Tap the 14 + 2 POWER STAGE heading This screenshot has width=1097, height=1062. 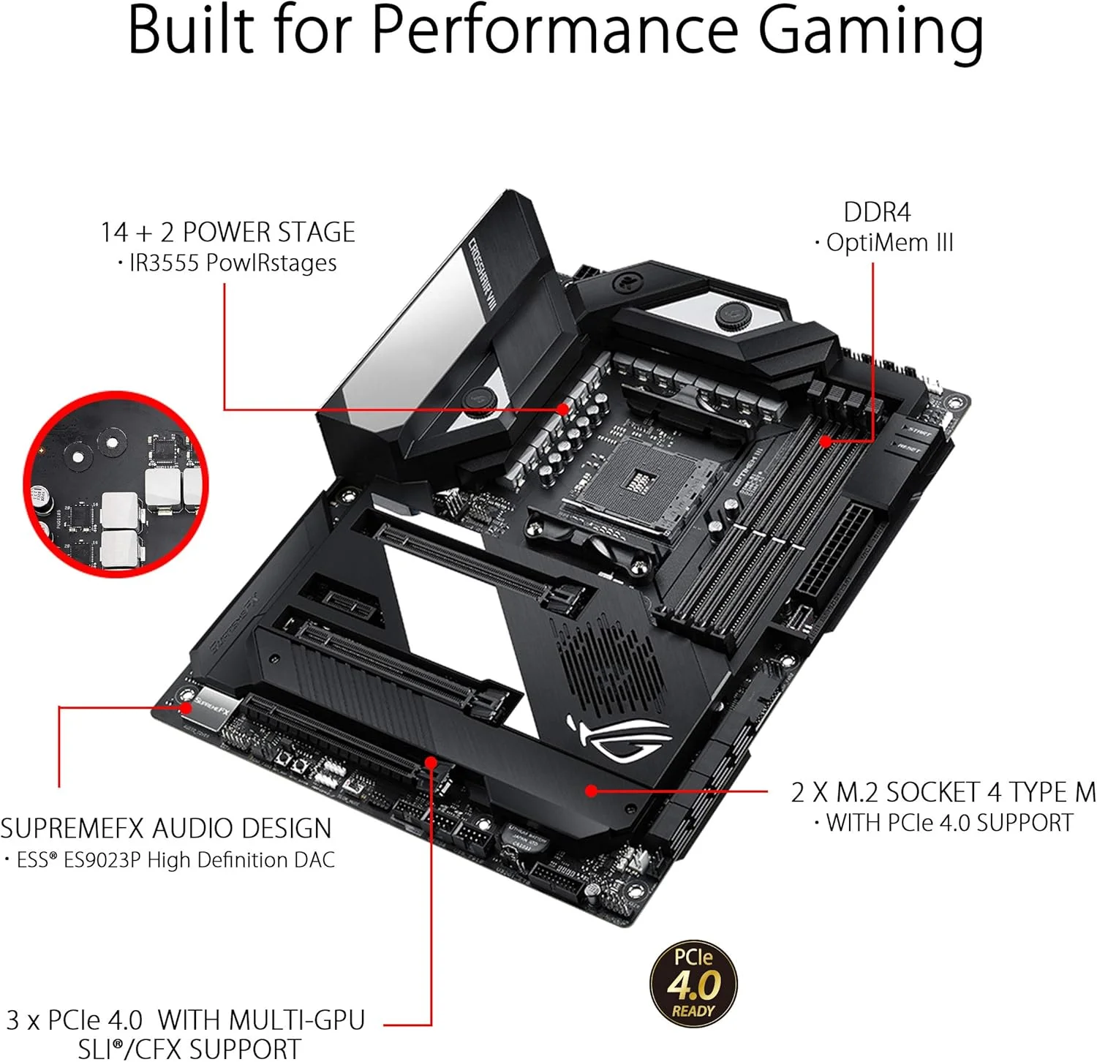tap(227, 232)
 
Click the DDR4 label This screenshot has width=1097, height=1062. tap(877, 212)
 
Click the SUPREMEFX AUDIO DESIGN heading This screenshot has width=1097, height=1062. tap(166, 828)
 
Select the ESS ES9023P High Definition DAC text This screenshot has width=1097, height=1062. tap(175, 859)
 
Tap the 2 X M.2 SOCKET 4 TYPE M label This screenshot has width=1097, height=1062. tap(943, 792)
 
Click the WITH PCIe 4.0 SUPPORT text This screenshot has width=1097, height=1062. tap(949, 823)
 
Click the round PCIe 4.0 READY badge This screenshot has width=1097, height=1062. tap(693, 984)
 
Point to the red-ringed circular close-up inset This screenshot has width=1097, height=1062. tap(116, 485)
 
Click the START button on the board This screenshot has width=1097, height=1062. tap(919, 431)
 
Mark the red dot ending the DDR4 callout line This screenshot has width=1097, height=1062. tap(825, 441)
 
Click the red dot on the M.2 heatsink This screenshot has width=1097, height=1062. tap(591, 790)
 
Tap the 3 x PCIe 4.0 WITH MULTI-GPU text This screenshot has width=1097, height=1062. tap(185, 1020)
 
